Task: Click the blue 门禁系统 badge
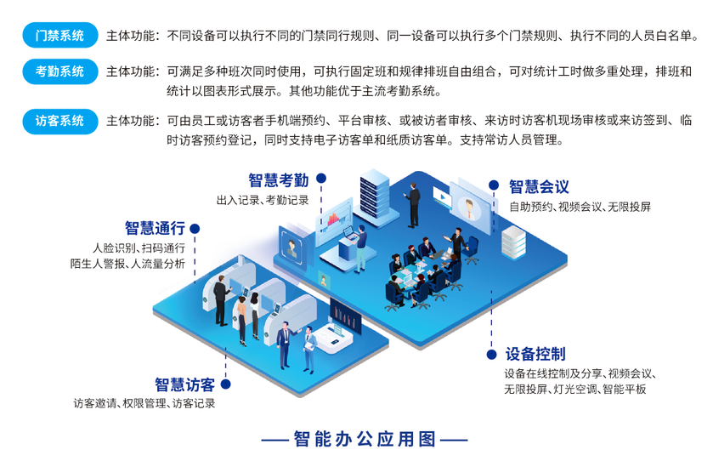[59, 37]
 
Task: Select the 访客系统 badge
[59, 121]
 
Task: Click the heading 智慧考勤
[278, 179]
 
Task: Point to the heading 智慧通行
[155, 228]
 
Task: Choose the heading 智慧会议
[539, 186]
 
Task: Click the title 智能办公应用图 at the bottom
[364, 440]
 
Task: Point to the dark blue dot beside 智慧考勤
[322, 179]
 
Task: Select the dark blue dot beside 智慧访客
[224, 384]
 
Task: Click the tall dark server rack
[373, 201]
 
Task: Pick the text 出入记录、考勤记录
[263, 200]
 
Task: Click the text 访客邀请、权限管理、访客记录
[144, 404]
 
